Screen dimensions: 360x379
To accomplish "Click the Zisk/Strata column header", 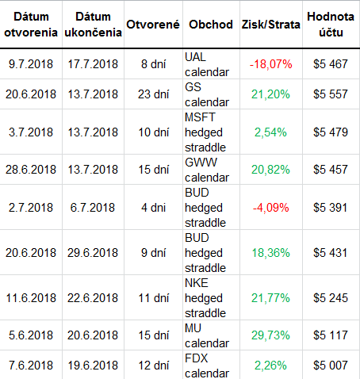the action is pyautogui.click(x=270, y=25).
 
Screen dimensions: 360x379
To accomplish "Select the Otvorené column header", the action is pyautogui.click(x=153, y=25).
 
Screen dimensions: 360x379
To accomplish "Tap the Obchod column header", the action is pyautogui.click(x=211, y=25).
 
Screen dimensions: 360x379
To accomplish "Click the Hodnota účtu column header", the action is pyautogui.click(x=331, y=25).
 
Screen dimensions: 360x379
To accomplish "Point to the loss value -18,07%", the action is pyautogui.click(x=271, y=64).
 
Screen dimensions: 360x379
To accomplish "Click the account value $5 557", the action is pyautogui.click(x=331, y=94).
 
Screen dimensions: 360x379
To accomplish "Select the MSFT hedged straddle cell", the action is pyautogui.click(x=205, y=132).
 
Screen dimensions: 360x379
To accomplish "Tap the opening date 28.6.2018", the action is pyautogui.click(x=31, y=170).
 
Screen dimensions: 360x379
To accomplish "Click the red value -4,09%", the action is pyautogui.click(x=271, y=208).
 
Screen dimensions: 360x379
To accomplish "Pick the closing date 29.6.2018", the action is pyautogui.click(x=93, y=253).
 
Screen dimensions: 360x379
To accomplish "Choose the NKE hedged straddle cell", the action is pyautogui.click(x=205, y=298).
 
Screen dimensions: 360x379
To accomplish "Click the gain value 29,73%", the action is pyautogui.click(x=270, y=335).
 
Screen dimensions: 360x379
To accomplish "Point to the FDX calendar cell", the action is pyautogui.click(x=207, y=366).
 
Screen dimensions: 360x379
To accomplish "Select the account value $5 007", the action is pyautogui.click(x=331, y=366).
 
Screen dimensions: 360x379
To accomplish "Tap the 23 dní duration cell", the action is pyautogui.click(x=153, y=94).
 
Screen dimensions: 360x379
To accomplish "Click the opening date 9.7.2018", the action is pyautogui.click(x=31, y=64).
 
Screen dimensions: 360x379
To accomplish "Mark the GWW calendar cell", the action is pyautogui.click(x=207, y=170).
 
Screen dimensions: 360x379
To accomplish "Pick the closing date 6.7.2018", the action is pyautogui.click(x=93, y=208).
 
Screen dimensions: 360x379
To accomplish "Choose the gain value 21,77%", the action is pyautogui.click(x=270, y=298).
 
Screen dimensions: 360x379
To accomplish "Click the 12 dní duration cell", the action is pyautogui.click(x=153, y=366).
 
